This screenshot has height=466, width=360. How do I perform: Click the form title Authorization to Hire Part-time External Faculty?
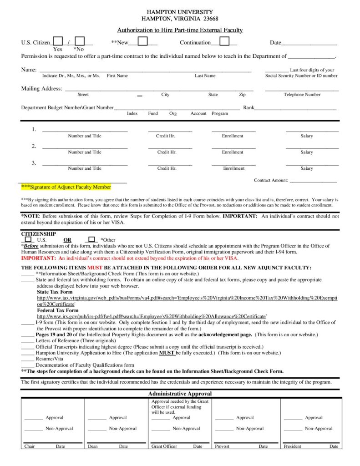coord(180,30)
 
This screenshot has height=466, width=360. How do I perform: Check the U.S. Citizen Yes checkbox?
coord(58,41)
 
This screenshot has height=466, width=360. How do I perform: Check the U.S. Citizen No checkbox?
coord(80,41)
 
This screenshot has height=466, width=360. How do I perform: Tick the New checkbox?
coord(142,41)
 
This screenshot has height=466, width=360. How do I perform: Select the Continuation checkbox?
coord(224,41)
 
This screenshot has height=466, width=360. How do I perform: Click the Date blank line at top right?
coord(309,44)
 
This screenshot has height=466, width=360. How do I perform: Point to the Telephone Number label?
coord(302,95)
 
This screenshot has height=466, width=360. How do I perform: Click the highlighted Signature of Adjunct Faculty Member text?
coord(66,187)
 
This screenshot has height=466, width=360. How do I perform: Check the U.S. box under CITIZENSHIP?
coord(28,239)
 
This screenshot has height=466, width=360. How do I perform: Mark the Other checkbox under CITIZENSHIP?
coord(91,239)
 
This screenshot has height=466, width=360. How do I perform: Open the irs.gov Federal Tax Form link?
coord(151,316)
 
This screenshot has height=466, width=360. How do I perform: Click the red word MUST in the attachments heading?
coord(95,268)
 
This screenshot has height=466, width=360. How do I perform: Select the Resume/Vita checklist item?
coord(50,359)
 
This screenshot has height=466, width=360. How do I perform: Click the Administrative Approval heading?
coord(180,394)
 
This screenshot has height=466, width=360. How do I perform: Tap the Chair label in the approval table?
coord(29,446)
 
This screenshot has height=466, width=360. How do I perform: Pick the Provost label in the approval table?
coord(222,446)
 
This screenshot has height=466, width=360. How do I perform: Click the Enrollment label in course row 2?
coord(233,152)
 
